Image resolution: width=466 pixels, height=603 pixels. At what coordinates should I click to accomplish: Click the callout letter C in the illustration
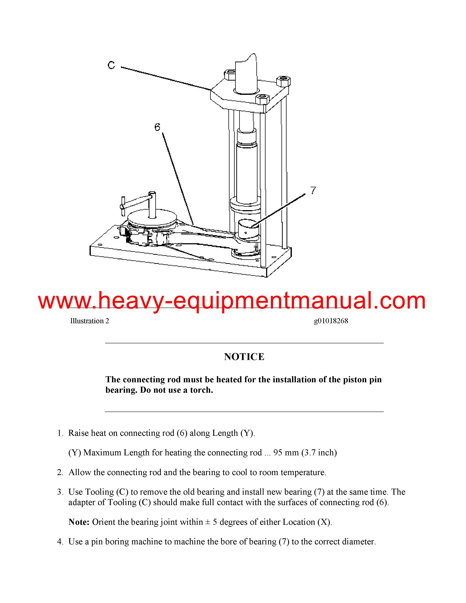[x=111, y=65]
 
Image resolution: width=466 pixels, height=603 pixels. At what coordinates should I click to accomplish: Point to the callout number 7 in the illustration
[x=313, y=191]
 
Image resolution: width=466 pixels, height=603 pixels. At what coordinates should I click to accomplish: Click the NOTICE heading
[x=244, y=357]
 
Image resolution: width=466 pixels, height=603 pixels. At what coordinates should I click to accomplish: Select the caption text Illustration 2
[x=89, y=321]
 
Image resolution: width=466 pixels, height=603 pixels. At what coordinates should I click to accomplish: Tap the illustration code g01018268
[x=331, y=321]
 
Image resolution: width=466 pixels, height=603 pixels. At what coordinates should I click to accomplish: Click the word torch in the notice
[x=201, y=390]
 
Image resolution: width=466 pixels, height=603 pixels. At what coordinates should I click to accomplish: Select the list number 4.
[x=60, y=541]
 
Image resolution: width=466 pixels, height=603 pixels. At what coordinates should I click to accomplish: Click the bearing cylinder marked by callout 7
[x=249, y=228]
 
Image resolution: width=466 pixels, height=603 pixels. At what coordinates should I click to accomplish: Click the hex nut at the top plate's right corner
[x=283, y=81]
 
